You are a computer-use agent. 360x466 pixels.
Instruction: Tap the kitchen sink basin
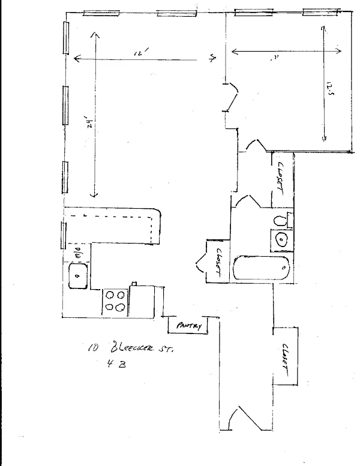click(79, 276)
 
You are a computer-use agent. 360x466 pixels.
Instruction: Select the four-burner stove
click(116, 301)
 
